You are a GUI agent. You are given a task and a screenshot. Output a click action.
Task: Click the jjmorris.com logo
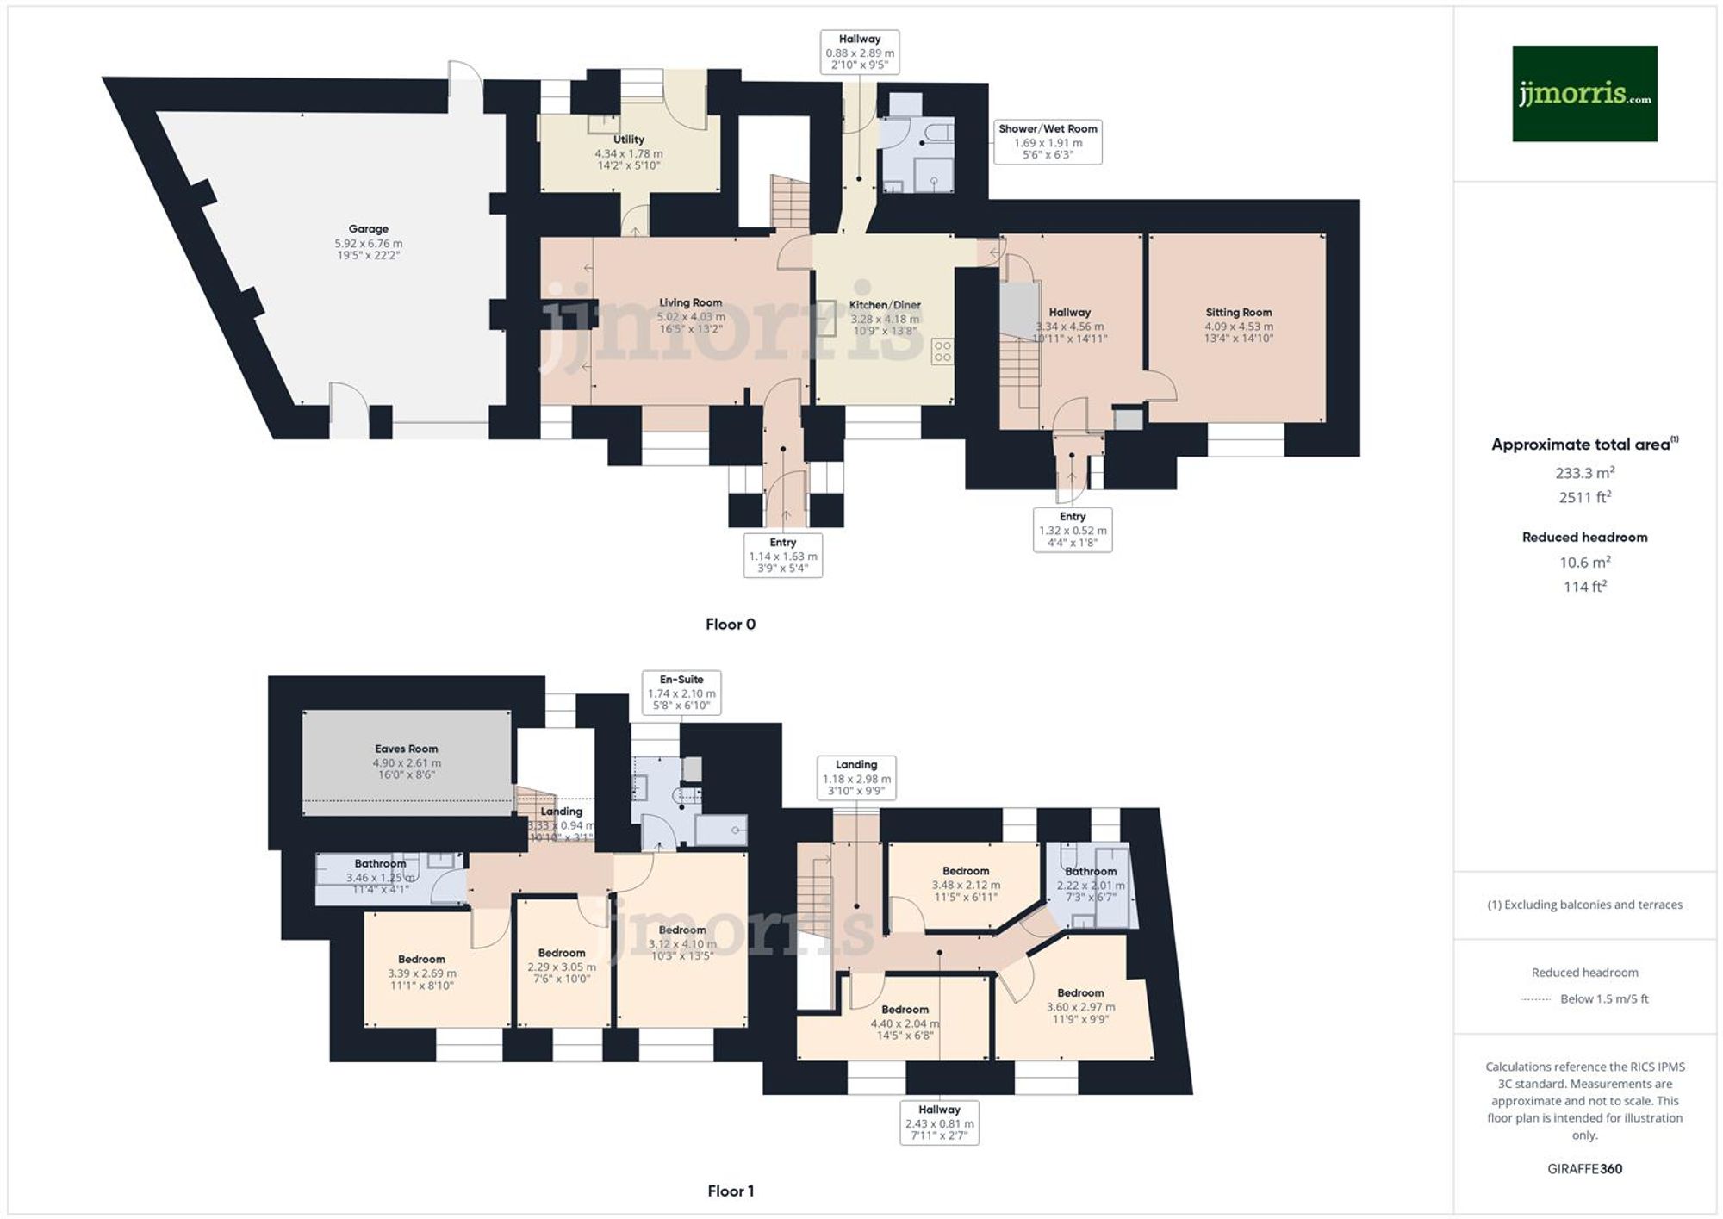click(x=1584, y=94)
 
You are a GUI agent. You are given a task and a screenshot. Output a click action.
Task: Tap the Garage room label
click(x=368, y=229)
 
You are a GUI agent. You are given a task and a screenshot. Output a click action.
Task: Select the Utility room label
click(x=628, y=140)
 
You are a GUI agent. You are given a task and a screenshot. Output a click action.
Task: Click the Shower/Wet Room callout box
click(x=1048, y=141)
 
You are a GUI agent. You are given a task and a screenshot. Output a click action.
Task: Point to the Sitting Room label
click(x=1238, y=313)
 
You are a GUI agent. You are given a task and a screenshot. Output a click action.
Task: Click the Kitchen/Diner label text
click(x=885, y=305)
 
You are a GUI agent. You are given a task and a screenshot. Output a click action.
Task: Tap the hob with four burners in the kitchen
click(x=942, y=351)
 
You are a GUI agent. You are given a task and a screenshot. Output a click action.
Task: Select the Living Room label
click(x=690, y=302)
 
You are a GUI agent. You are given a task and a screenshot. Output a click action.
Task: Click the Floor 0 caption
click(x=730, y=625)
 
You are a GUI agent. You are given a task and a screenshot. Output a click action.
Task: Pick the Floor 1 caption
click(x=730, y=1191)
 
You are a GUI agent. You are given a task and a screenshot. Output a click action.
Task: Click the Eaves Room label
click(x=406, y=749)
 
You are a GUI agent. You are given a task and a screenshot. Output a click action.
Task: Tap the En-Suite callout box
click(x=681, y=693)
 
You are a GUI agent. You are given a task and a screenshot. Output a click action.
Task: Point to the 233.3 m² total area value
click(x=1584, y=473)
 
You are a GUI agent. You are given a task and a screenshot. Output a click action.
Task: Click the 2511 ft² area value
click(x=1584, y=497)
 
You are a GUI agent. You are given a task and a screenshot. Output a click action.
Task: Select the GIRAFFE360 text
click(x=1584, y=1169)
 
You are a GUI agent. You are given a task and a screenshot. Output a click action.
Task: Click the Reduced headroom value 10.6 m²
click(x=1584, y=563)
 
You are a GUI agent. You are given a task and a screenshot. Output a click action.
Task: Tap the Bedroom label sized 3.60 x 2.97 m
click(x=1080, y=993)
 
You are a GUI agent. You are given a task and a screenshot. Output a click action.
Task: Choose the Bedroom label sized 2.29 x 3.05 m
click(x=562, y=953)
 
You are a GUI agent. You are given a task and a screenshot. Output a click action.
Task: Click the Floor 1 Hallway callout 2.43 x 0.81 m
click(x=939, y=1123)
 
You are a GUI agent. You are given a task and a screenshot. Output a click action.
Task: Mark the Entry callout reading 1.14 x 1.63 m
click(x=782, y=556)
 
